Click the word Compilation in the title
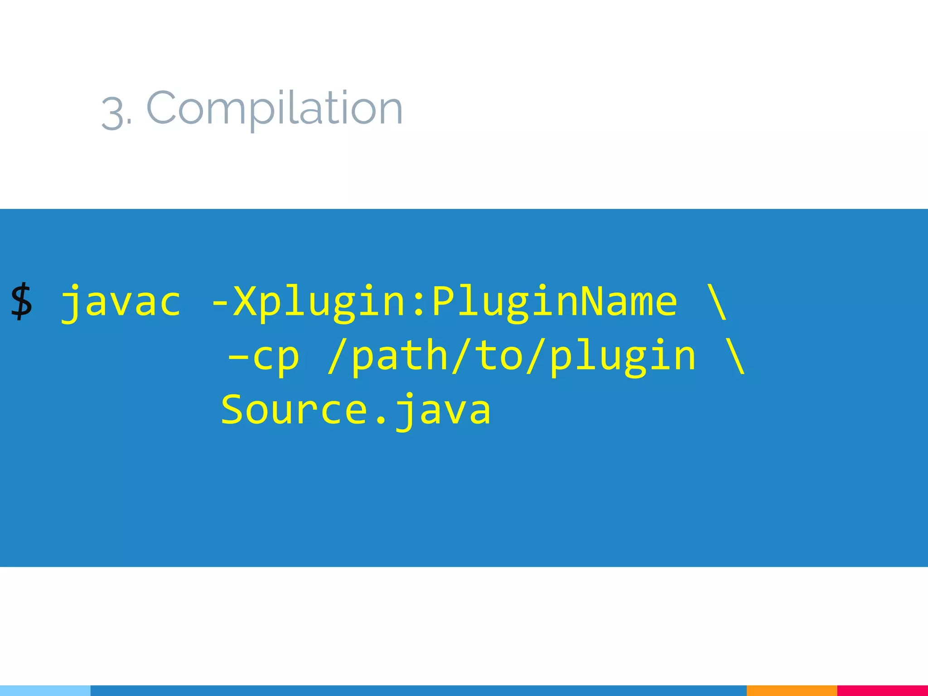pos(275,109)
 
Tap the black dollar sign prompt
pos(21,301)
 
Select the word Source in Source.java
pos(295,410)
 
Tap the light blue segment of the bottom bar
pos(45,691)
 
